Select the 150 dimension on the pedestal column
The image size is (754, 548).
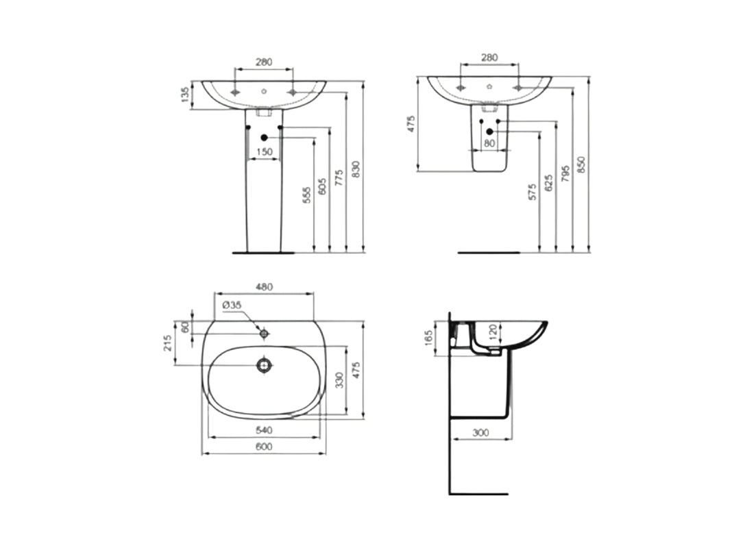coord(264,151)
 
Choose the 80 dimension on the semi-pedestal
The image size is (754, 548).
coord(489,143)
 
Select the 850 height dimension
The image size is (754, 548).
coord(582,164)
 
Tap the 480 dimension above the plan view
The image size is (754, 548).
coord(265,288)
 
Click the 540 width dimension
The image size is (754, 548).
coord(265,430)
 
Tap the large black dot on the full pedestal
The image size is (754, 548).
coord(264,138)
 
